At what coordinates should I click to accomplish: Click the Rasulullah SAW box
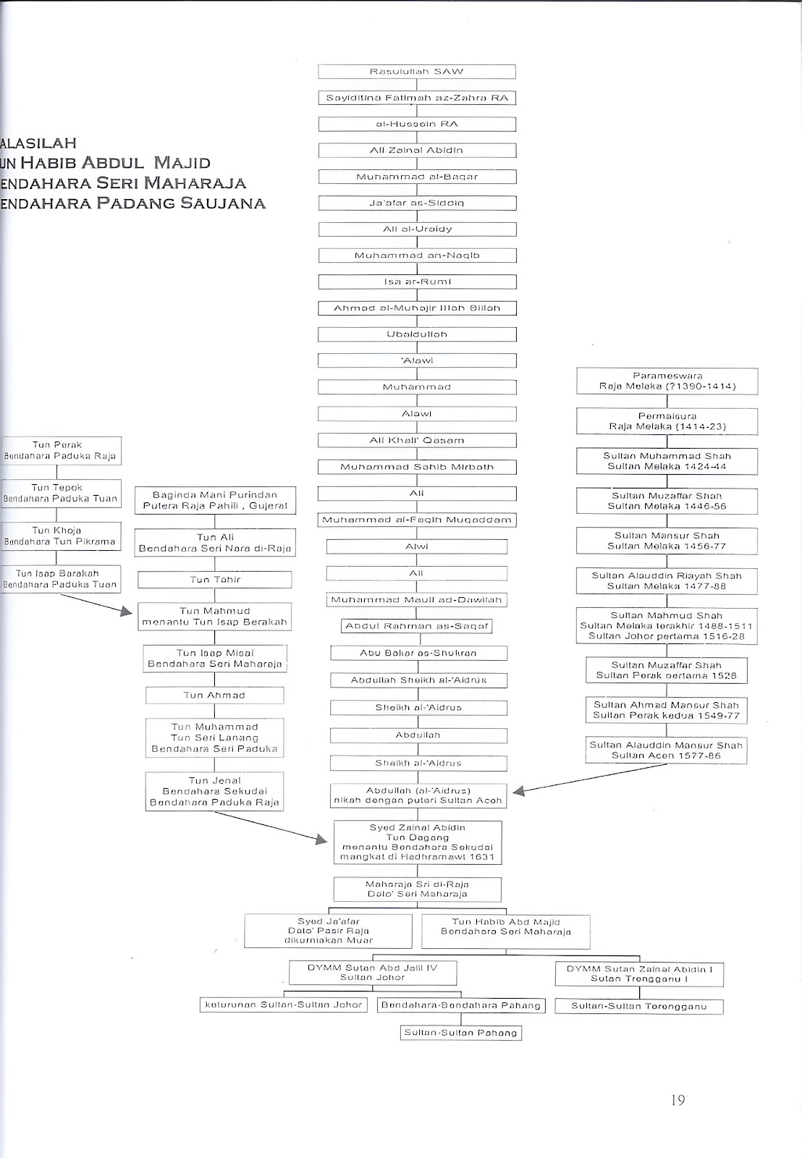click(417, 72)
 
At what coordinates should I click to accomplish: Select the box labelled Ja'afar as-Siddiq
click(417, 203)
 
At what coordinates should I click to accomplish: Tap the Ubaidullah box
click(417, 334)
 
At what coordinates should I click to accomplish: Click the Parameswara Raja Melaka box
click(667, 381)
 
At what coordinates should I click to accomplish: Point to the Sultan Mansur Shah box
click(667, 541)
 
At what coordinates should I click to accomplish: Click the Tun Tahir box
click(215, 580)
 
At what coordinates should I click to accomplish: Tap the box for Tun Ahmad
click(214, 696)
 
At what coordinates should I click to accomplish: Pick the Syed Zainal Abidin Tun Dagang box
click(418, 842)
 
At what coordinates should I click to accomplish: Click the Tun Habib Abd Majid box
click(505, 931)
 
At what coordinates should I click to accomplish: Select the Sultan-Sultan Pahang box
click(460, 1033)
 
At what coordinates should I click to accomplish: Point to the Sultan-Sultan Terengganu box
click(638, 1006)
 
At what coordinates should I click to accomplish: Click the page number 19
click(678, 1101)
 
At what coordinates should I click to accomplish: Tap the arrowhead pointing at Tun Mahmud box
click(131, 612)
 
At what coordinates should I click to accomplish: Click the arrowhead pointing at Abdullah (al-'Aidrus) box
click(519, 791)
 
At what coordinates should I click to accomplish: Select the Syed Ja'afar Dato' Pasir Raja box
click(328, 931)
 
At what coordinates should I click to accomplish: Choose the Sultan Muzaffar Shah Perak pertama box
click(666, 670)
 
